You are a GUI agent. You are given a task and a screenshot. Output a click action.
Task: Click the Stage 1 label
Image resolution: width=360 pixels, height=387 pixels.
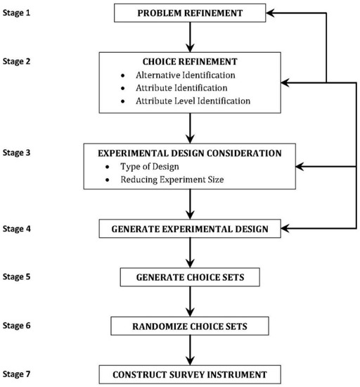(x=16, y=13)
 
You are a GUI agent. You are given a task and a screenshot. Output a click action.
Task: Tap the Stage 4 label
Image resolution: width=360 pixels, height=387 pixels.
(x=16, y=229)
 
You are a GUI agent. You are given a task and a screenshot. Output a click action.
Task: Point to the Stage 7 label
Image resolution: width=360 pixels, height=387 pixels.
(x=16, y=374)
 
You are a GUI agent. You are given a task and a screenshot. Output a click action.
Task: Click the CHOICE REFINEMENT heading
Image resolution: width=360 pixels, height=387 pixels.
(x=190, y=61)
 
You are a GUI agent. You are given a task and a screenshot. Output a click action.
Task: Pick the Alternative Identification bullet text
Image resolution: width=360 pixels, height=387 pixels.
(x=186, y=75)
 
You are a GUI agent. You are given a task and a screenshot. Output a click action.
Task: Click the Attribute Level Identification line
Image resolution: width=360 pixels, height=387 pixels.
(x=193, y=101)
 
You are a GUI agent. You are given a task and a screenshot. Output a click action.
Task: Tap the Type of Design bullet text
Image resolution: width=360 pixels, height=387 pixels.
(x=150, y=167)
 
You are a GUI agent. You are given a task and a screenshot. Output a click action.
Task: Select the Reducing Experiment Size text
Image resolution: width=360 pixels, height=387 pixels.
(x=172, y=179)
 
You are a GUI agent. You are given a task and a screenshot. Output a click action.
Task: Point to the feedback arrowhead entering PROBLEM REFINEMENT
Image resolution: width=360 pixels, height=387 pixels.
(x=270, y=13)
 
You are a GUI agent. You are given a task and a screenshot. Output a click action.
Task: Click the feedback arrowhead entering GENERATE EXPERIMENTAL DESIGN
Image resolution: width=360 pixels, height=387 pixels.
(x=285, y=229)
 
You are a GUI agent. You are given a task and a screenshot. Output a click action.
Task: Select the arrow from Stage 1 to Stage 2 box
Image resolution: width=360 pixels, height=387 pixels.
(x=190, y=37)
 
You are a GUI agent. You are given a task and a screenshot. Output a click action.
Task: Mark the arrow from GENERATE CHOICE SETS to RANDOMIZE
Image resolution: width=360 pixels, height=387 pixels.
(x=190, y=302)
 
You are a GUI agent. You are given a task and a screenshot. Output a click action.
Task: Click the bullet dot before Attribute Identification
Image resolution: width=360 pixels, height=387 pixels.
(x=123, y=88)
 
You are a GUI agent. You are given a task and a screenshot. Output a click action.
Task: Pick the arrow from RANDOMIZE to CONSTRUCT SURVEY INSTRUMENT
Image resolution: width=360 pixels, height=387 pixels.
(x=190, y=350)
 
